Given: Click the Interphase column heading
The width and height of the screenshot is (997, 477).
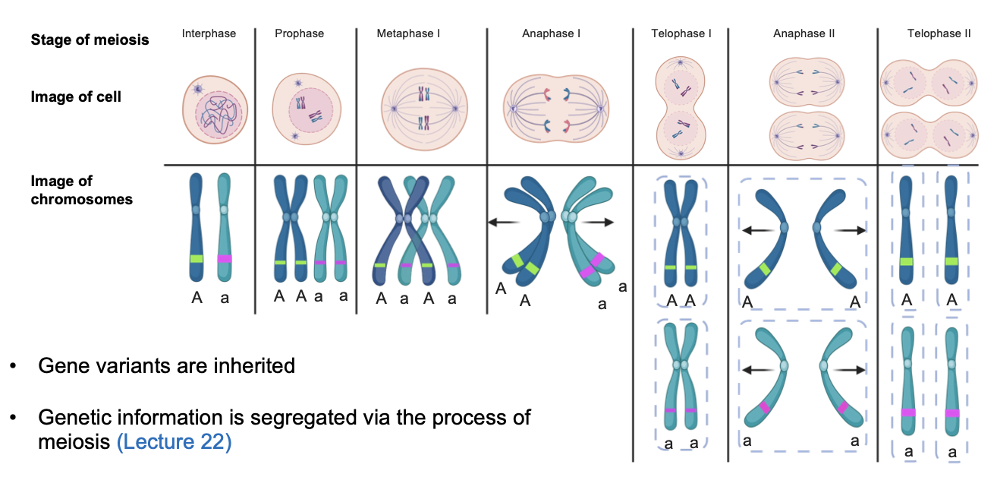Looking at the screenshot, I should [x=209, y=33].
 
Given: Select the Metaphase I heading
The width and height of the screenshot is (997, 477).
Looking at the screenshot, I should [x=408, y=33].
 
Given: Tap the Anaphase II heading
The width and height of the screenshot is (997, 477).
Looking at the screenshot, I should [x=804, y=33].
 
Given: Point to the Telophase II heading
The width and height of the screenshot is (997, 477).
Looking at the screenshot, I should [x=939, y=33].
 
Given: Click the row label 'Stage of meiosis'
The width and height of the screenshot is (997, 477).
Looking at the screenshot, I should [x=90, y=39].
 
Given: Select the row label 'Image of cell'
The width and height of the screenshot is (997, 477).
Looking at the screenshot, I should [x=76, y=96].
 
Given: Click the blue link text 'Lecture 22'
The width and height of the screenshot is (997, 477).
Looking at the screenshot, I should [x=174, y=441].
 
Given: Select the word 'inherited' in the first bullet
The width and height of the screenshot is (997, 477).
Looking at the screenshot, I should [x=253, y=365].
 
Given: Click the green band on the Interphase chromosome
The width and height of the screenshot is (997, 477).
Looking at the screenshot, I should [x=197, y=259].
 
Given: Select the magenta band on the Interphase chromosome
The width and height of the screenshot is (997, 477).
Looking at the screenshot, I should [x=225, y=259].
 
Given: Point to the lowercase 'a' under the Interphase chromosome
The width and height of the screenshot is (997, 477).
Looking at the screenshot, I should [x=225, y=299].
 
